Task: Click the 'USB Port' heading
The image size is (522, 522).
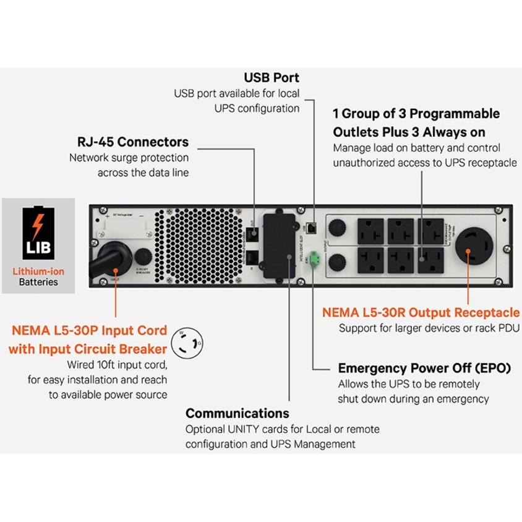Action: [x=271, y=78]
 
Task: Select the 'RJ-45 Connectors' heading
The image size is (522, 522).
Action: [x=133, y=142]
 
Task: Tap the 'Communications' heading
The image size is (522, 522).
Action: [x=237, y=413]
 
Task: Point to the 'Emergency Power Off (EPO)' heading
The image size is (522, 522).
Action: [x=424, y=368]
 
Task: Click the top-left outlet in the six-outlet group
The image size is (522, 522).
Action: [x=367, y=230]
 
